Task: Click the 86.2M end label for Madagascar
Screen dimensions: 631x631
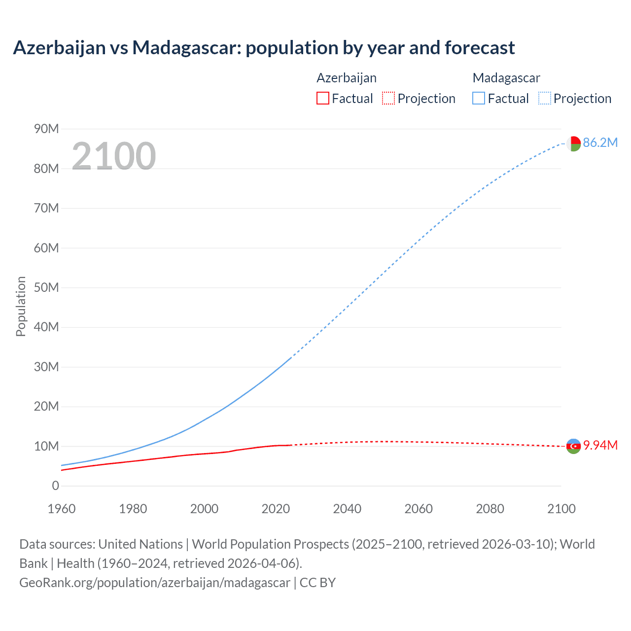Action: [600, 143]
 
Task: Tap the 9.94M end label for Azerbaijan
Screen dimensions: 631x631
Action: [600, 446]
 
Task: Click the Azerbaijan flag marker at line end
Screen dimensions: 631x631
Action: [573, 446]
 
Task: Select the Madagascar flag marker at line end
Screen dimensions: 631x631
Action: [573, 143]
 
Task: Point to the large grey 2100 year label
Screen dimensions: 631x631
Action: [114, 156]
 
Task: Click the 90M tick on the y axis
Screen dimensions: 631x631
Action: [46, 129]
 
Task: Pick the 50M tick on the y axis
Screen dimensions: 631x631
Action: [46, 288]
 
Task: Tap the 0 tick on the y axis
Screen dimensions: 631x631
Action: [55, 486]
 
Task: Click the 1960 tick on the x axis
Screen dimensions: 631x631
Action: [62, 509]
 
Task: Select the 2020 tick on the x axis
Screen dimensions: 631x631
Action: [276, 509]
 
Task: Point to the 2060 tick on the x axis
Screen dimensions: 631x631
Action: [419, 509]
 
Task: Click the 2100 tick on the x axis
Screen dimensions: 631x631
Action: [561, 509]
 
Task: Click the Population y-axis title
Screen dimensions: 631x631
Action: [21, 306]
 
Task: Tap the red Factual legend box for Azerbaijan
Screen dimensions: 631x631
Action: [322, 99]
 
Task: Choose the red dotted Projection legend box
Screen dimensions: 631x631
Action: [388, 99]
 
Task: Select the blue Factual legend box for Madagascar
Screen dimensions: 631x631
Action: [478, 99]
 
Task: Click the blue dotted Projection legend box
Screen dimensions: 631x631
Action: [544, 99]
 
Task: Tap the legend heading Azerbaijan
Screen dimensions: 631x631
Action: [347, 78]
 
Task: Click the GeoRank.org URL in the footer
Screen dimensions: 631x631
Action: [155, 583]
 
